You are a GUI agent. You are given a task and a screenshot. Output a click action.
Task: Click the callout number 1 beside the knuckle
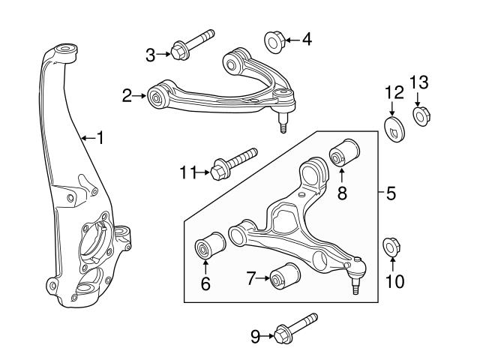tap(100, 138)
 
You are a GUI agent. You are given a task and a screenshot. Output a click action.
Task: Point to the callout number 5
tap(391, 193)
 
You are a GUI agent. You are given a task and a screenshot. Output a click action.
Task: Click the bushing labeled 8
tap(344, 154)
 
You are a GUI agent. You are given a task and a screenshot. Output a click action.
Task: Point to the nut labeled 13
tap(421, 116)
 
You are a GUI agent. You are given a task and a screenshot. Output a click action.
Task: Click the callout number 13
tap(418, 81)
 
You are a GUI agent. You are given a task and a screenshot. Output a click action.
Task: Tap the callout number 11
tap(187, 173)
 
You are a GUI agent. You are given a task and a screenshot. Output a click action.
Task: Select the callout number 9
tap(255, 337)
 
